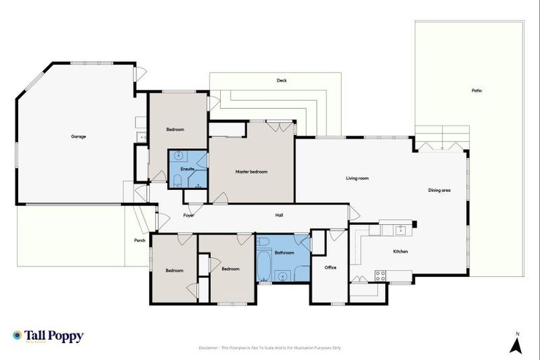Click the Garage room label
click(x=78, y=136)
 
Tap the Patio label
click(x=477, y=91)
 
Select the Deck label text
click(x=281, y=81)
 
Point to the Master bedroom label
click(x=251, y=172)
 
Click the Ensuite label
click(x=188, y=169)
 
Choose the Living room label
click(x=357, y=179)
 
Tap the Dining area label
click(x=439, y=191)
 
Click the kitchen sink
click(x=399, y=229)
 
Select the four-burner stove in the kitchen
click(x=380, y=276)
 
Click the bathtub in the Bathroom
click(x=264, y=266)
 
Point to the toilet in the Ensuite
click(x=177, y=184)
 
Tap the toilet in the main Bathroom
click(x=264, y=243)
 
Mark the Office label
click(x=330, y=267)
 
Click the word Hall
click(x=278, y=215)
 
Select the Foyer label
click(x=188, y=215)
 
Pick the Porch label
click(x=140, y=240)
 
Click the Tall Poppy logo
click(x=48, y=336)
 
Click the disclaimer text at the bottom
click(x=270, y=347)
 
